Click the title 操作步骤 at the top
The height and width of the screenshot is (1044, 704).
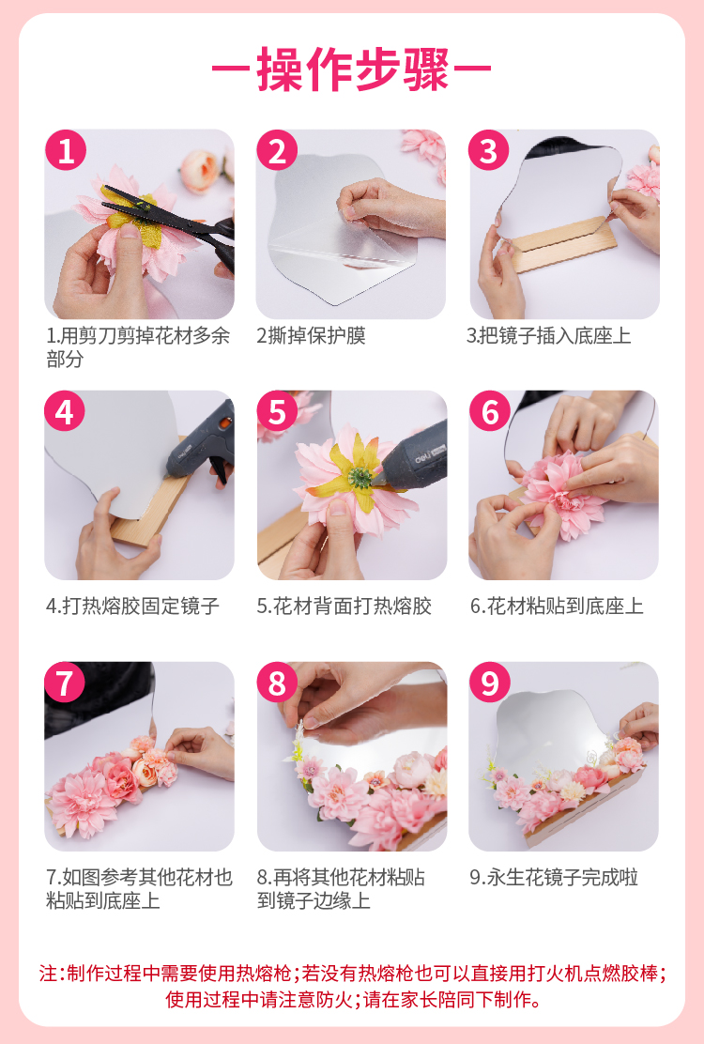tap(352, 69)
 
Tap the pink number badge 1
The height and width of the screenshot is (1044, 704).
tap(66, 150)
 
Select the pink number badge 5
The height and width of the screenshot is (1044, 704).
tap(278, 411)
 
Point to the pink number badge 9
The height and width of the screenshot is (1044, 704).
tap(490, 683)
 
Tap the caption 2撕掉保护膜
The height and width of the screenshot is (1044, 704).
tap(311, 335)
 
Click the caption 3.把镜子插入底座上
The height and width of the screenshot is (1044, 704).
tap(548, 335)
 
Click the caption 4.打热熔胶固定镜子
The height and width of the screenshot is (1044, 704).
tap(132, 606)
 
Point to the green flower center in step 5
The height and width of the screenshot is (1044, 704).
tap(360, 477)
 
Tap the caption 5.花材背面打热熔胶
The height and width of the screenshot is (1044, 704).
tap(344, 606)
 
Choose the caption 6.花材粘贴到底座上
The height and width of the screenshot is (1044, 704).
tap(557, 606)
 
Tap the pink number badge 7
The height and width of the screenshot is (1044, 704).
tap(65, 683)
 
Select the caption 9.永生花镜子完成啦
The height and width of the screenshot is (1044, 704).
tap(554, 878)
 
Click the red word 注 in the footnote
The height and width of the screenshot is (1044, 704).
tap(48, 974)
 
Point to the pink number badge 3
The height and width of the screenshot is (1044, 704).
tap(489, 150)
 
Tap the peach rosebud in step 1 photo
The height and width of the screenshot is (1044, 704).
tap(201, 171)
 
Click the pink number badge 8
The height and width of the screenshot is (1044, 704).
tap(278, 683)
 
